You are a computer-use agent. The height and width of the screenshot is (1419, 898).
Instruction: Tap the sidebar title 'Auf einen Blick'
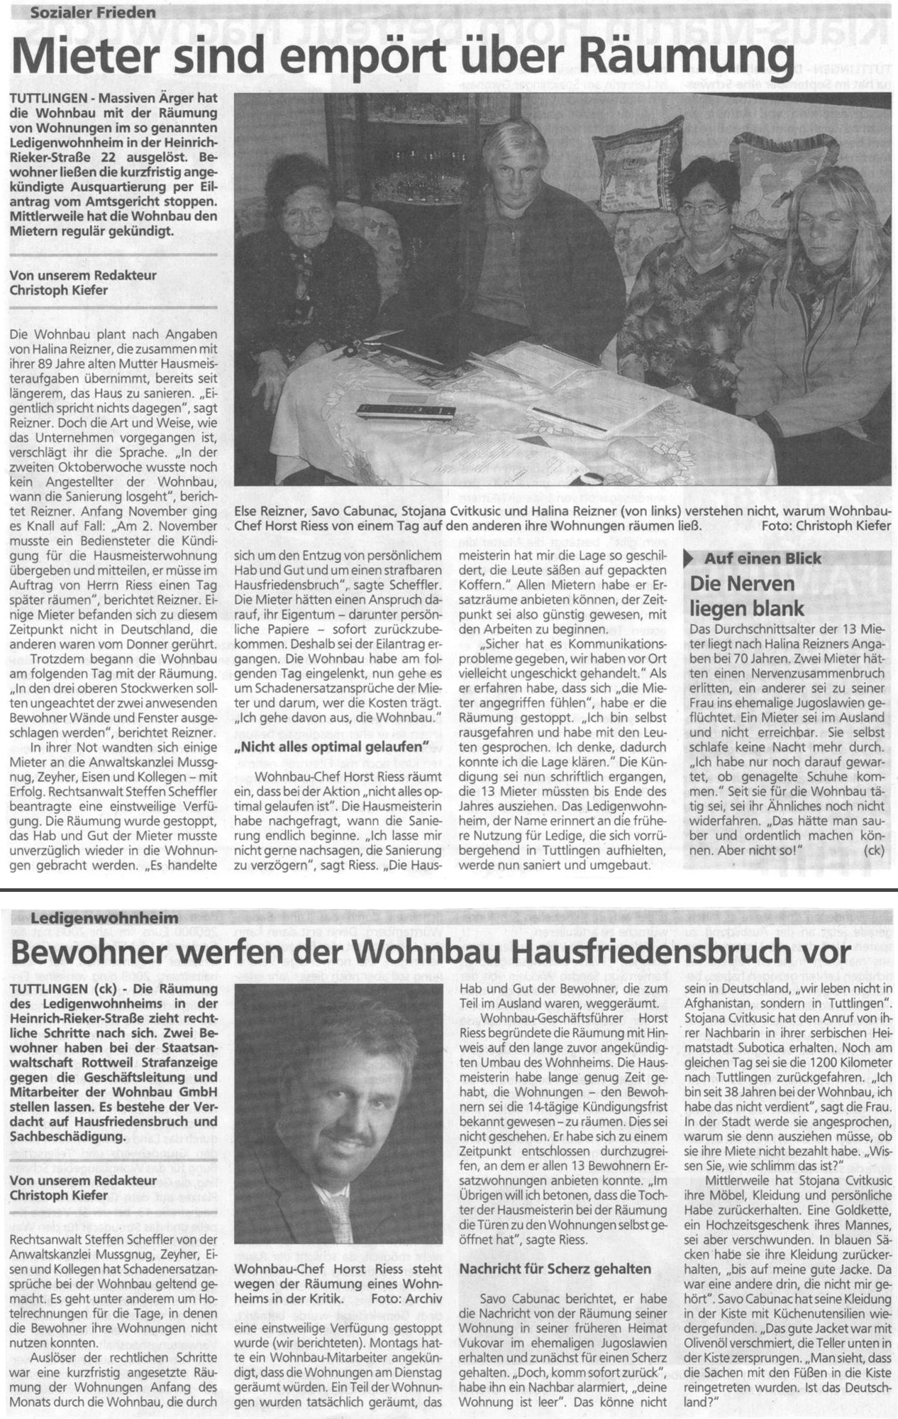pyautogui.click(x=754, y=558)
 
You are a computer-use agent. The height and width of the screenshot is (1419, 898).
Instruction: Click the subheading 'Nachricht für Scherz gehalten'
pyautogui.click(x=555, y=1269)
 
